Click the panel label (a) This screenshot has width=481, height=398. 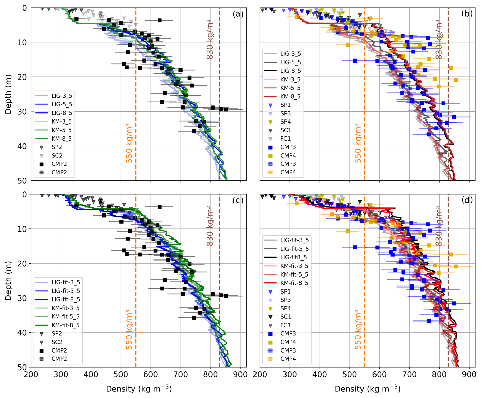238,14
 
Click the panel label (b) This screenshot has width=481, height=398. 467,14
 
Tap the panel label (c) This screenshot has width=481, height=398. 238,200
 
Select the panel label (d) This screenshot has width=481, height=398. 467,200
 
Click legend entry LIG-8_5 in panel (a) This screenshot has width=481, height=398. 62,113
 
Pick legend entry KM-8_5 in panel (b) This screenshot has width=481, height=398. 290,96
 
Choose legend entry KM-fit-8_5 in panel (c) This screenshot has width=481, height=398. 65,325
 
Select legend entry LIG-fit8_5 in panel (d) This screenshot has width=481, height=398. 294,257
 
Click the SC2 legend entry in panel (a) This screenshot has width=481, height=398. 57,156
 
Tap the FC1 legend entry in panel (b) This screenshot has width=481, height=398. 285,139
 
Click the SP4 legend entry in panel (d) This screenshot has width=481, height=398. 285,308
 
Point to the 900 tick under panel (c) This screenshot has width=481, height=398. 240,375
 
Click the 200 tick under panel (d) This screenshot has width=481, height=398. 260,375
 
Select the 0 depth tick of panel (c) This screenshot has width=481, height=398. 24,195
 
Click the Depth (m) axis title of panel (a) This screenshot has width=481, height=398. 8,94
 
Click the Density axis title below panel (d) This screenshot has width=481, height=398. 367,389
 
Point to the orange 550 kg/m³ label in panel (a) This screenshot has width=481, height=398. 129,143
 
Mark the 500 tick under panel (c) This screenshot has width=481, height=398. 121,375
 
